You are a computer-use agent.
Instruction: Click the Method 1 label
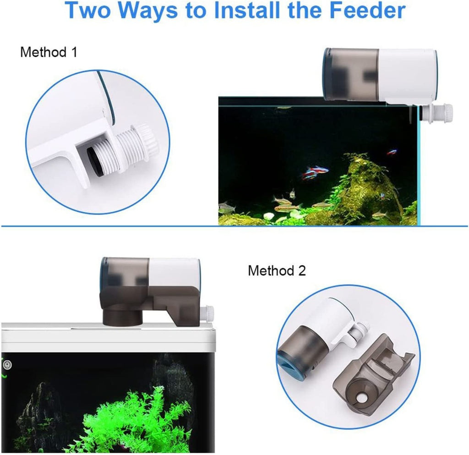pos(49,52)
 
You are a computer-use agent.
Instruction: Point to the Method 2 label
pos(277,270)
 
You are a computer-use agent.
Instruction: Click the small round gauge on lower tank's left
pos(7,365)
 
